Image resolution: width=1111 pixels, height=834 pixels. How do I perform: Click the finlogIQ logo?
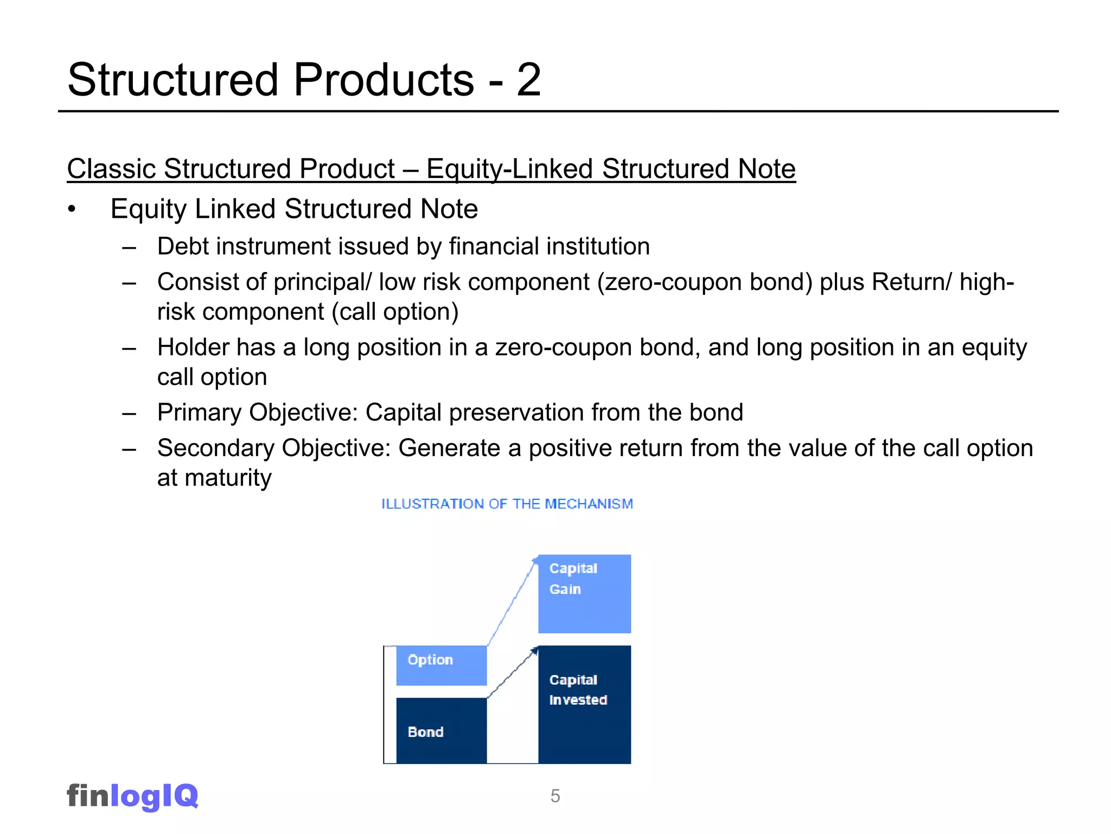click(x=132, y=796)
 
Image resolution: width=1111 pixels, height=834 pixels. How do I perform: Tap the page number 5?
click(x=555, y=796)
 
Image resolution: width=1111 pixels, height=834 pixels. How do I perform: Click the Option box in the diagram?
click(x=441, y=665)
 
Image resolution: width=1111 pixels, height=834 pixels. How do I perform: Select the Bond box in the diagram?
click(x=441, y=730)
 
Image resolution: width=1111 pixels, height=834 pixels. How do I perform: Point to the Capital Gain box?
click(x=584, y=593)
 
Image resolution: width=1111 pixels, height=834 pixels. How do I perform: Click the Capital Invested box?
click(x=584, y=704)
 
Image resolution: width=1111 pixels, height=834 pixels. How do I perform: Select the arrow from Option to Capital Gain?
click(x=512, y=602)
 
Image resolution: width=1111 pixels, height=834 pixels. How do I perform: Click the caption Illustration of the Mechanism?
click(x=507, y=504)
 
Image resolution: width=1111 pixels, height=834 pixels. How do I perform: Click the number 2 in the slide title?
click(x=528, y=80)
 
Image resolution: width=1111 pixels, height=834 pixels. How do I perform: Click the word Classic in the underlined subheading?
click(x=111, y=169)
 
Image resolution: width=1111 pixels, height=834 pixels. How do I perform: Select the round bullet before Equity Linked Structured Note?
click(x=72, y=210)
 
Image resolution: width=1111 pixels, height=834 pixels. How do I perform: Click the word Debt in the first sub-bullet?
click(x=183, y=247)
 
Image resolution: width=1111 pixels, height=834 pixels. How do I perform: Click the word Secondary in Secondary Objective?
click(x=215, y=448)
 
